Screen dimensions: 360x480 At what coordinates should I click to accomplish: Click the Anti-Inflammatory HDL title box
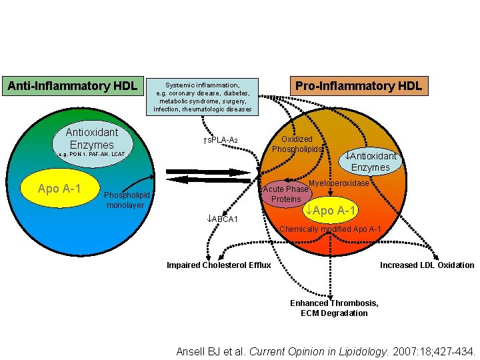coord(72,86)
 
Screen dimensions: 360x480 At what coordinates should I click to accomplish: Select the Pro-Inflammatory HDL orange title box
coord(358,86)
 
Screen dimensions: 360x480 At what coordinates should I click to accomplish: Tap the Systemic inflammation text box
coord(203,97)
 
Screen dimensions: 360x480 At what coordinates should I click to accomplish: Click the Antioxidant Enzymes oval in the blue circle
coord(91,139)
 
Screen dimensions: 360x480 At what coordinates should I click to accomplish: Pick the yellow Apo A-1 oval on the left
coord(59,189)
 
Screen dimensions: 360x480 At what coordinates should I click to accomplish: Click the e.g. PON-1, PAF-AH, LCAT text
coord(91,155)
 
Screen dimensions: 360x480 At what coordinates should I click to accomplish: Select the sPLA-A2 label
coord(220,140)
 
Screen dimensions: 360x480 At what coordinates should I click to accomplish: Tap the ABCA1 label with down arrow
coord(224,219)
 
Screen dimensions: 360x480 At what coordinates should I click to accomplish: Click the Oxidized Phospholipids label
coord(297,144)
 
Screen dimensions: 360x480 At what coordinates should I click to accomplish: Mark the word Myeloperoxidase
coord(339,183)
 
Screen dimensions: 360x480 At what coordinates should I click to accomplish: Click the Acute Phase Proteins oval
coord(285,194)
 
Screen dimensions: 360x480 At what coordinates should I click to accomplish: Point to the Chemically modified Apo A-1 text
coord(330,229)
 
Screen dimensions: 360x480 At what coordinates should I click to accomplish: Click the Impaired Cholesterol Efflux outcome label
coord(219,265)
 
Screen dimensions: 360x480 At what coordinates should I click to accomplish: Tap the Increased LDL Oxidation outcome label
coord(427,265)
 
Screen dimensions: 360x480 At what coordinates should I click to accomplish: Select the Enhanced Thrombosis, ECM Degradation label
coord(334,308)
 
